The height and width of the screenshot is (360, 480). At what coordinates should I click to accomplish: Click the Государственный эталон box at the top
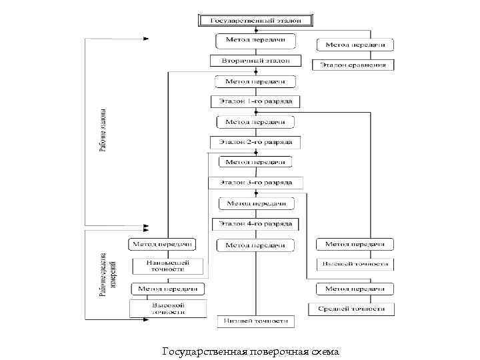(255, 21)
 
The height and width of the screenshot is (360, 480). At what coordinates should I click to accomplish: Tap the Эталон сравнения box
(353, 65)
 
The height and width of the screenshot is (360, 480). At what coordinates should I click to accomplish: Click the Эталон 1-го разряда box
(255, 101)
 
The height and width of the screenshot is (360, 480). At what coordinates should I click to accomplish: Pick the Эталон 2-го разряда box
(255, 142)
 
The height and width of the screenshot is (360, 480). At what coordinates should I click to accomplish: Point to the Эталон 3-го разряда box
(255, 182)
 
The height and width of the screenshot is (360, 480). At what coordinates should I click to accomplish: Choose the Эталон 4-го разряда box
(255, 224)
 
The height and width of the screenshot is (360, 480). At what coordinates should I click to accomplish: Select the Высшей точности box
(354, 264)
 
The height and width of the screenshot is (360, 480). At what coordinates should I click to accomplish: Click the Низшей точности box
(255, 321)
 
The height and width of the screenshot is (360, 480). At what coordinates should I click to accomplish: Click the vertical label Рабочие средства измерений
(107, 274)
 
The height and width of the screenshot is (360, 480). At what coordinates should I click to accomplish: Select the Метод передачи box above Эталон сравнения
(355, 45)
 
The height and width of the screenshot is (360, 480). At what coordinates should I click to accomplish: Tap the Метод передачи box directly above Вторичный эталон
(255, 41)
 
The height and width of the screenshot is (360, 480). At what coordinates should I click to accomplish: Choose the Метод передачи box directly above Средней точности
(355, 289)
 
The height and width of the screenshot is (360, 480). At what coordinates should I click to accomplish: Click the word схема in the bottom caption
(324, 351)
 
